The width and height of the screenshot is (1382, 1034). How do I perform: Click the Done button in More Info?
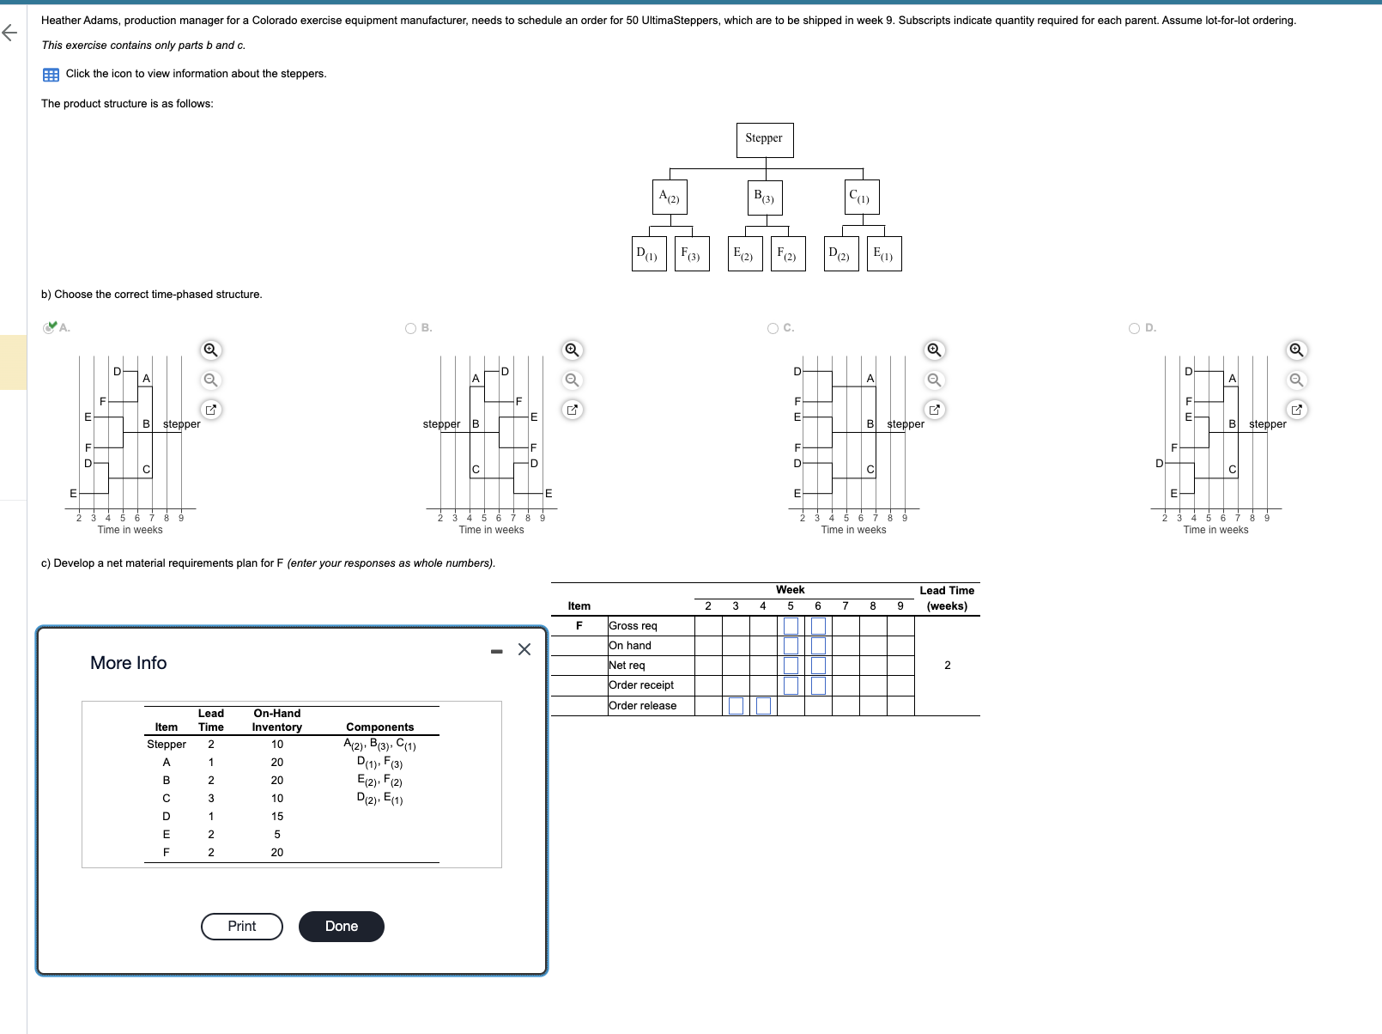coord(341,926)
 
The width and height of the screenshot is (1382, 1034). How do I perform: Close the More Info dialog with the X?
coord(524,649)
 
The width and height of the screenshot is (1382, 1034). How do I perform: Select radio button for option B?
coord(411,328)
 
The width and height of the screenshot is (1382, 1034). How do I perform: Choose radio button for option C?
coord(773,328)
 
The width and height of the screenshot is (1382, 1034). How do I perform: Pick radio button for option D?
coord(1135,328)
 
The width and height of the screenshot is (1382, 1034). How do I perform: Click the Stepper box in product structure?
coord(764,139)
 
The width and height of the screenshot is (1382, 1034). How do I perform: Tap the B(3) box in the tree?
coord(764,197)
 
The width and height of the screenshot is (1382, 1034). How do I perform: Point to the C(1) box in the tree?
coord(861,197)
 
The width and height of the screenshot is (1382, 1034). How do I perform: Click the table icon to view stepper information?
coord(51,75)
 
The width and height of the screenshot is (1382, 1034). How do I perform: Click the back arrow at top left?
coord(9,33)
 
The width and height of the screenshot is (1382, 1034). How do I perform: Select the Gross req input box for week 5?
coord(791,626)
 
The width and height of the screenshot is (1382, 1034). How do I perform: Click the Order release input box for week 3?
coord(736,706)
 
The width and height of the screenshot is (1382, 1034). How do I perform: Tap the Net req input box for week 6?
coord(818,666)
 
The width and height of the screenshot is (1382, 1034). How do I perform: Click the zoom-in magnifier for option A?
coord(210,350)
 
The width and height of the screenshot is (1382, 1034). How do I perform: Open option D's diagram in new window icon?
coord(1296,410)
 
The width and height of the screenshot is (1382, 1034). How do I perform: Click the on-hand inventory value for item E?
coord(277,835)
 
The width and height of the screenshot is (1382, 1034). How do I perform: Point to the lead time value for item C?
coord(211,799)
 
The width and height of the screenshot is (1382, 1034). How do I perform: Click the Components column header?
coord(379,727)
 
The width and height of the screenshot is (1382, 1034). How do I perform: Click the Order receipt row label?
coord(641,685)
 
